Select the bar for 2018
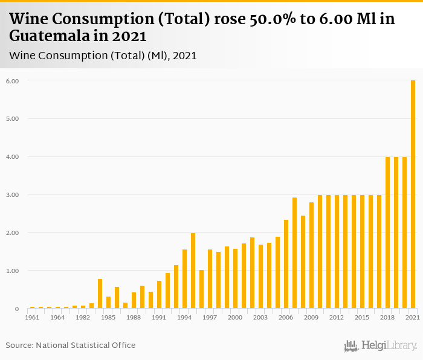pyautogui.click(x=388, y=233)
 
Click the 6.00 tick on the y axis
pyautogui.click(x=12, y=81)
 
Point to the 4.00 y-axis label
pyautogui.click(x=12, y=157)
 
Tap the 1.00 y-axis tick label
pyautogui.click(x=12, y=271)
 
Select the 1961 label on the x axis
pyautogui.click(x=33, y=317)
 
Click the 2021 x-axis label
pyautogui.click(x=413, y=317)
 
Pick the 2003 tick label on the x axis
pyautogui.click(x=260, y=317)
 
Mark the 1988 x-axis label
pyautogui.click(x=134, y=317)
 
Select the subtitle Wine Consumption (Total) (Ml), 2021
pyautogui.click(x=103, y=56)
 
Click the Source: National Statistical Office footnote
pyautogui.click(x=71, y=345)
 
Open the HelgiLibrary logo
pyautogui.click(x=381, y=346)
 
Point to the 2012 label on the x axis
pyautogui.click(x=337, y=317)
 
